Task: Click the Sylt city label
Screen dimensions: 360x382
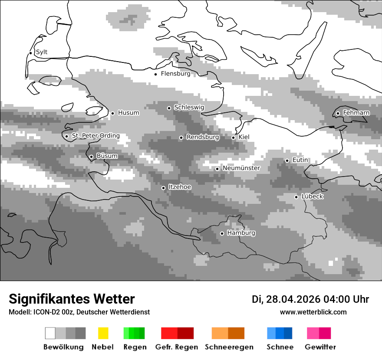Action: [42, 52]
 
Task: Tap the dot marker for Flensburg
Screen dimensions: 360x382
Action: [155, 74]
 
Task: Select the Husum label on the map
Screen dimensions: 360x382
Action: [128, 113]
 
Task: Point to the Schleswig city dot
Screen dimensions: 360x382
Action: [169, 108]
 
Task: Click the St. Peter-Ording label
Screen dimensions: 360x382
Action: [95, 136]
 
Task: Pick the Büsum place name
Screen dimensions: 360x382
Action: [107, 156]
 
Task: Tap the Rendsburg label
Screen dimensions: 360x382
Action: [203, 137]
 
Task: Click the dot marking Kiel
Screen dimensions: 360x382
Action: [233, 137]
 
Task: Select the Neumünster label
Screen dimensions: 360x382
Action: [241, 168]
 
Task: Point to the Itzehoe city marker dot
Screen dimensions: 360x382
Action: [163, 188]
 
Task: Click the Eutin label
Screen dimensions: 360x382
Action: [300, 160]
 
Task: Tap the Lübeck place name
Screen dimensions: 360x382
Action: [312, 196]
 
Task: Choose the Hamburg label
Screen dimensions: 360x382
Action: [241, 233]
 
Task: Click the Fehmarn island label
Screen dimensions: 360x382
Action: [356, 113]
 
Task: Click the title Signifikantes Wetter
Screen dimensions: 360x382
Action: [72, 299]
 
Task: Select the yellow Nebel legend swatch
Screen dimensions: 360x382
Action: [103, 333]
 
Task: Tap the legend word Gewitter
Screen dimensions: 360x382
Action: [320, 347]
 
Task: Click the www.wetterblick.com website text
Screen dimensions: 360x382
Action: [313, 312]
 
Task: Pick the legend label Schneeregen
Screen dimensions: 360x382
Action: [229, 347]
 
